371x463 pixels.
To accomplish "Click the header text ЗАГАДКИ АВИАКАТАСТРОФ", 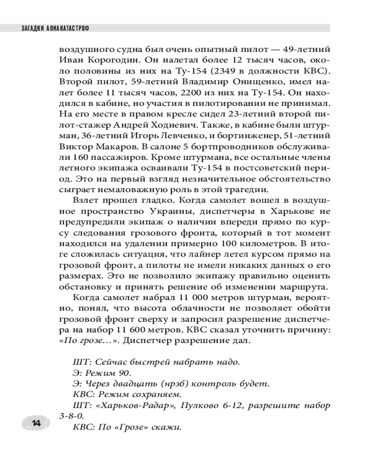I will pyautogui.click(x=56, y=29).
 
